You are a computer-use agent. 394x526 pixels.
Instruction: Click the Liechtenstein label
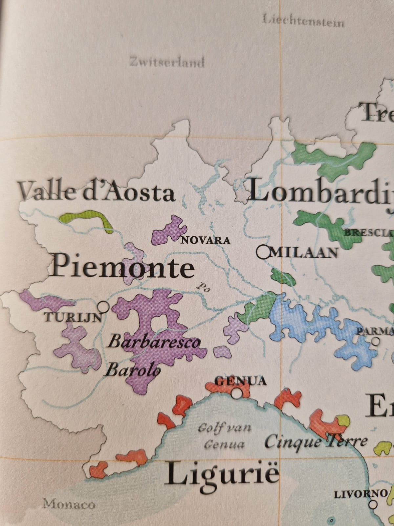(x=303, y=22)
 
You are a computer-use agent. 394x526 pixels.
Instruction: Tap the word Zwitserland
(x=167, y=62)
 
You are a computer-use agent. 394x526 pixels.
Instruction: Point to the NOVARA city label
(x=206, y=240)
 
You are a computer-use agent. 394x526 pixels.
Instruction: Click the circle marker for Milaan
(x=263, y=252)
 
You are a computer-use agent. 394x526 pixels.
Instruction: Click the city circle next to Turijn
(x=104, y=307)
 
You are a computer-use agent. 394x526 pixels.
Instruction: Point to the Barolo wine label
(x=133, y=371)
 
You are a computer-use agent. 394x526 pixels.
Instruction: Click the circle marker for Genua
(x=236, y=393)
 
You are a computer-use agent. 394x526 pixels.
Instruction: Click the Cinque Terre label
(x=316, y=442)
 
